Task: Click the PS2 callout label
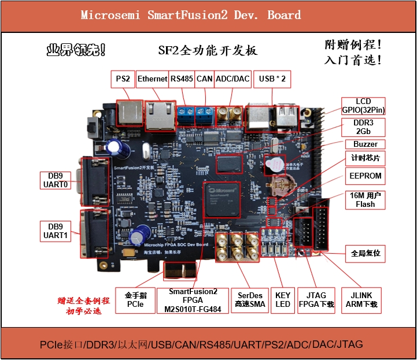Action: click(x=123, y=79)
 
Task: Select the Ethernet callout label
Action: click(x=152, y=79)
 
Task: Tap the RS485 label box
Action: click(x=182, y=79)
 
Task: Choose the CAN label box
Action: click(x=204, y=79)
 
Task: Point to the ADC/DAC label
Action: click(x=233, y=79)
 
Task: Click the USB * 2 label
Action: click(x=272, y=79)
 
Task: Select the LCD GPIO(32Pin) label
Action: click(x=363, y=106)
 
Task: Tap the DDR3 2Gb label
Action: click(x=364, y=127)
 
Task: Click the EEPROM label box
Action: click(x=366, y=175)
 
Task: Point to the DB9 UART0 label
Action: click(x=56, y=180)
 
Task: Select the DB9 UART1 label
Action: click(x=56, y=231)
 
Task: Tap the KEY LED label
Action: click(x=283, y=300)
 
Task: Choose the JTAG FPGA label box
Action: click(x=316, y=300)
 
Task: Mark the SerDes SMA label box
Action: click(x=249, y=300)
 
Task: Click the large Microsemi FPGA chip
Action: click(x=222, y=199)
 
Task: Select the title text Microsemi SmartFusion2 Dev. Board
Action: click(x=190, y=15)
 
